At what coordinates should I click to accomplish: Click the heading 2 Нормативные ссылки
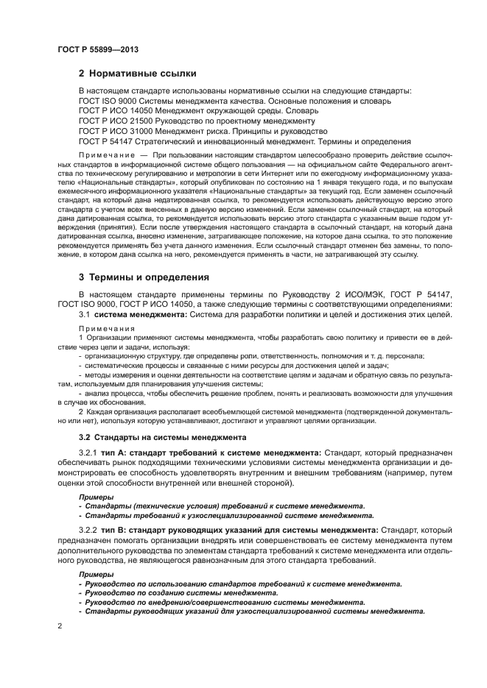point(137,73)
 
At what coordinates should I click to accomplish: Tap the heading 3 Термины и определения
point(144,277)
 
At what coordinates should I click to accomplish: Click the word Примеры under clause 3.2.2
point(94,573)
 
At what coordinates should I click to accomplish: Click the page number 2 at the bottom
point(60,627)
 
